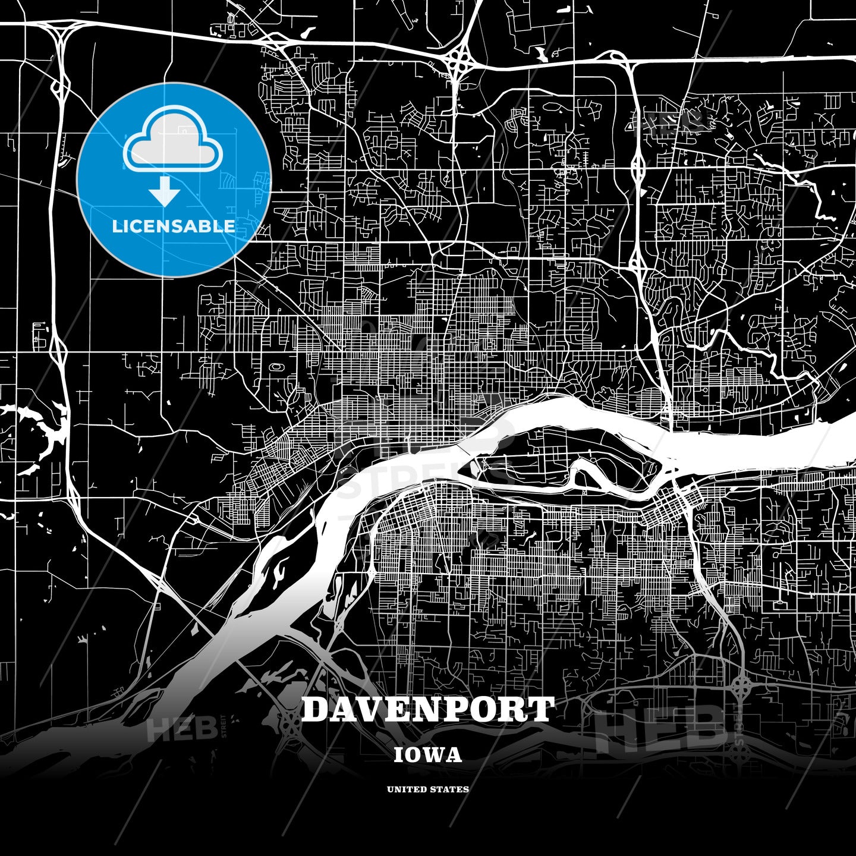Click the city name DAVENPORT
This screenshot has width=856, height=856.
pyautogui.click(x=428, y=710)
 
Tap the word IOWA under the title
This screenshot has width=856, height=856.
pyautogui.click(x=428, y=755)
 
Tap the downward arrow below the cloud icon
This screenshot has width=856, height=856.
pyautogui.click(x=165, y=191)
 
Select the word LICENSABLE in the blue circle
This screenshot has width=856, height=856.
pyautogui.click(x=174, y=226)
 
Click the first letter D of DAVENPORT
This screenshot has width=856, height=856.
pyautogui.click(x=317, y=710)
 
